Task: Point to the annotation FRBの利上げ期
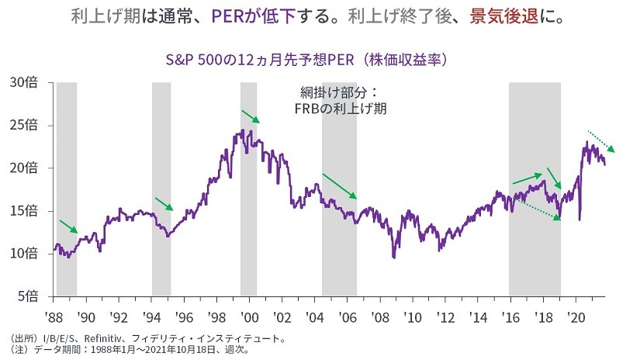click(341, 109)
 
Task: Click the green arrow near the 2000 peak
click(251, 116)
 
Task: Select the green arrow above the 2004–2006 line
click(339, 186)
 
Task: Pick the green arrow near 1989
click(68, 226)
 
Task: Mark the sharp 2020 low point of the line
click(579, 220)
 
